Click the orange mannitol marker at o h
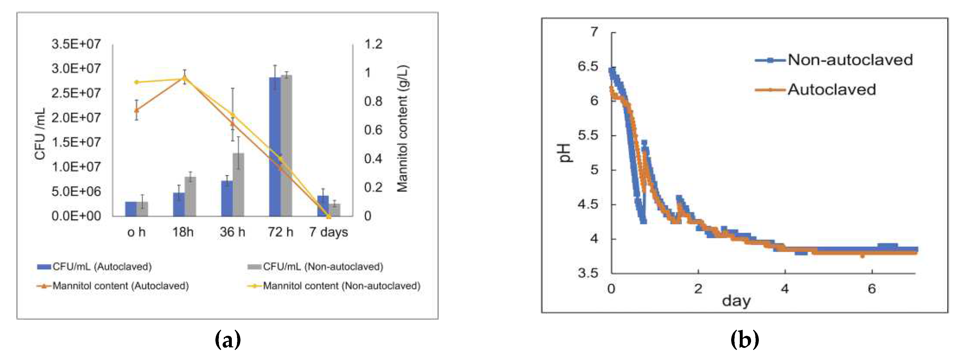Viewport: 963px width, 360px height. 137,110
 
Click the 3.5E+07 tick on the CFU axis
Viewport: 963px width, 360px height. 76,44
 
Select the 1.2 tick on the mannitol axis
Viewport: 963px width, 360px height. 373,44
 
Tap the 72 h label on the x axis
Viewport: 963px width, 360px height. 280,232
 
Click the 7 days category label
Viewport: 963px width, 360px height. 328,232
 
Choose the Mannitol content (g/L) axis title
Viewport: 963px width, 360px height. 402,129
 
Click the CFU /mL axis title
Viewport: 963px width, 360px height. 40,134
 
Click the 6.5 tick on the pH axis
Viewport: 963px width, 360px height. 588,67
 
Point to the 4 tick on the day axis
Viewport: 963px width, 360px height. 785,289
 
